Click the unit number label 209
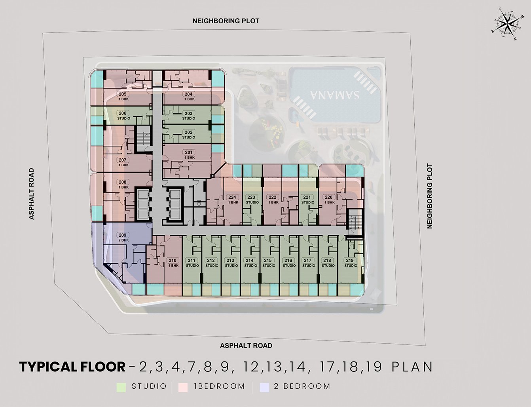[122, 235]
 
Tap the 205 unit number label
[122, 94]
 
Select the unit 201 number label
[188, 152]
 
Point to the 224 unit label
[232, 197]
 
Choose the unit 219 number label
[350, 261]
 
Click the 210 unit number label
[173, 261]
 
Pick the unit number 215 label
[268, 261]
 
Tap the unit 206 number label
[122, 113]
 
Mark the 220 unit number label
[328, 197]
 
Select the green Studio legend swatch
[121, 388]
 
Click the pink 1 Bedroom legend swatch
[183, 388]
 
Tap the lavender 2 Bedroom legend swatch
[264, 388]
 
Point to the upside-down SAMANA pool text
[335, 95]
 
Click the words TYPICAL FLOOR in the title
[72, 367]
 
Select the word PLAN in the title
[412, 367]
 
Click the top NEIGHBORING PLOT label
[226, 21]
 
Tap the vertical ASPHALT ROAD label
[31, 194]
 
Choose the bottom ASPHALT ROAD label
[246, 346]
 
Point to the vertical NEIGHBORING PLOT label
[430, 196]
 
